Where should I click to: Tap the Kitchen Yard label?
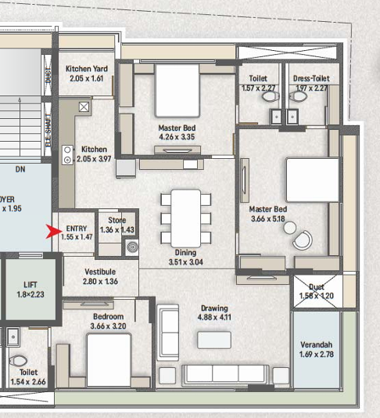tap(87, 69)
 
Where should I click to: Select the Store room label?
tap(117, 221)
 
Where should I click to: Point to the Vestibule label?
tap(101, 271)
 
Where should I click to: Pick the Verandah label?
tap(317, 345)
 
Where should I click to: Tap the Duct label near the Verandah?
tap(317, 287)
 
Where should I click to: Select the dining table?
tap(185, 218)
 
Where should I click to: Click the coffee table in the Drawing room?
tap(213, 340)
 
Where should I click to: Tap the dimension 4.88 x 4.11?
tap(213, 319)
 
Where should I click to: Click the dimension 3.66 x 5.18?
tap(268, 221)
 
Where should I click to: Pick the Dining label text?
tap(185, 252)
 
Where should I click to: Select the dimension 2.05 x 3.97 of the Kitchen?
tap(94, 159)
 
